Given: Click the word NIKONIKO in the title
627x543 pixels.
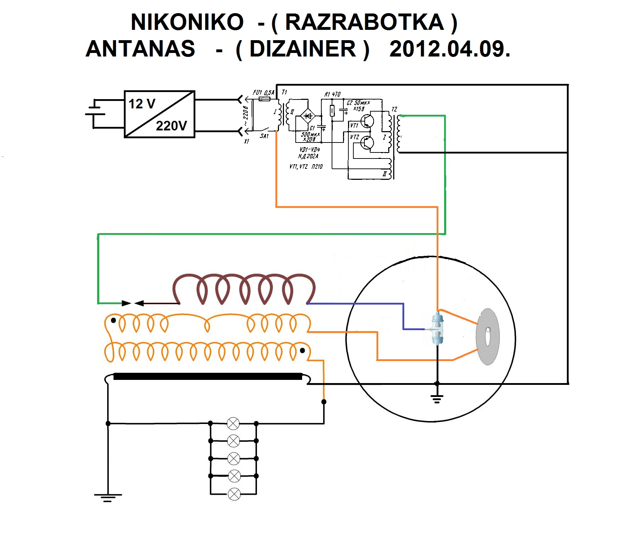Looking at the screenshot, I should pyautogui.click(x=187, y=22).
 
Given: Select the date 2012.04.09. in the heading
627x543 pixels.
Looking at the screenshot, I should pyautogui.click(x=450, y=49).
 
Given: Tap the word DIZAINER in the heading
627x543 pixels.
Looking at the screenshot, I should pyautogui.click(x=303, y=49).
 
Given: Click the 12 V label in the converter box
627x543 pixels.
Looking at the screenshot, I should pyautogui.click(x=142, y=104).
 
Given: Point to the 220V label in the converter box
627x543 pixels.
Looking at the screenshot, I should pyautogui.click(x=172, y=126).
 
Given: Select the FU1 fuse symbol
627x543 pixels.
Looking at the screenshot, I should pyautogui.click(x=264, y=99).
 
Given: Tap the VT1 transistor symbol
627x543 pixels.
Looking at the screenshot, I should pyautogui.click(x=367, y=121).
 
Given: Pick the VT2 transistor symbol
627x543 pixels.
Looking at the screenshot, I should pyautogui.click(x=367, y=143).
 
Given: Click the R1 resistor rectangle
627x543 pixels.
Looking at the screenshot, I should pyautogui.click(x=332, y=111).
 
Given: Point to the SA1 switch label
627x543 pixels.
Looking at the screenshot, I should pyautogui.click(x=264, y=136).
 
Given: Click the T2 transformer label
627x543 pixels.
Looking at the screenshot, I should pyautogui.click(x=394, y=109).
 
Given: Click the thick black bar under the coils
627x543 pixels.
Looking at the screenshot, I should pyautogui.click(x=208, y=376).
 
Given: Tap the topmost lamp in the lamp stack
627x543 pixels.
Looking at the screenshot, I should pyautogui.click(x=233, y=424).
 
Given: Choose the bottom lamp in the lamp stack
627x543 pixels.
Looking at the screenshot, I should pyautogui.click(x=234, y=494).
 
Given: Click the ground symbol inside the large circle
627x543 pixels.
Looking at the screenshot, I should pyautogui.click(x=437, y=398).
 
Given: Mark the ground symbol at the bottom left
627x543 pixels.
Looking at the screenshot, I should pyautogui.click(x=108, y=497).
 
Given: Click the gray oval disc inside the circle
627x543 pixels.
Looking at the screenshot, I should pyautogui.click(x=488, y=337).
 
